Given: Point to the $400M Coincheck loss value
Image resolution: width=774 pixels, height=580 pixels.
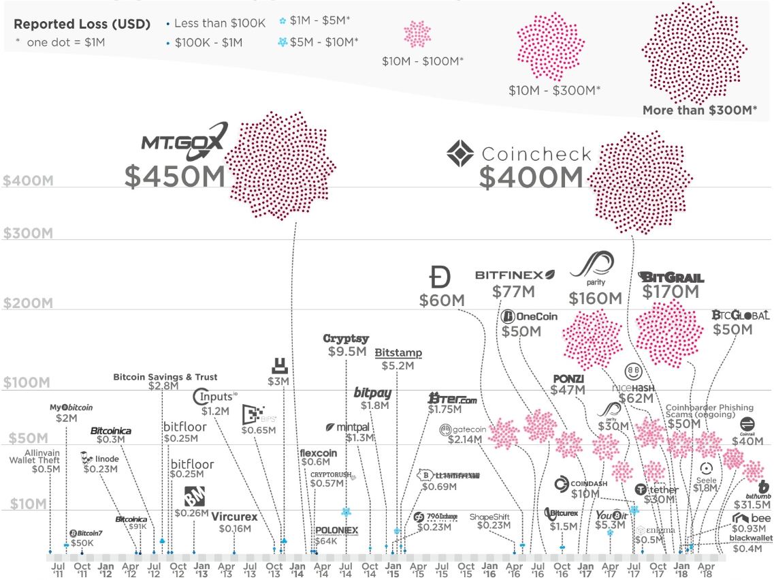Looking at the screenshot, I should tap(531, 178).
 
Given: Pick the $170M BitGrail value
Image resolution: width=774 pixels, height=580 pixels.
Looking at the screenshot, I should tap(671, 292).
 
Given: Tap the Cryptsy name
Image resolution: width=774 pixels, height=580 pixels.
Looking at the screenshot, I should tap(346, 339).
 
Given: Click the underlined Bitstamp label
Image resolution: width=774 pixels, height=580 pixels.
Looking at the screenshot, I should tap(398, 353).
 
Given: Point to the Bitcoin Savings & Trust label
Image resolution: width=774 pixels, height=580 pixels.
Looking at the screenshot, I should tap(165, 377).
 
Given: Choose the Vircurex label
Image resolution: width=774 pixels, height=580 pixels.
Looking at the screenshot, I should tap(234, 517).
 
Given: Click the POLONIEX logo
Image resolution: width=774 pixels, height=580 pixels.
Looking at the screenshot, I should tap(336, 530).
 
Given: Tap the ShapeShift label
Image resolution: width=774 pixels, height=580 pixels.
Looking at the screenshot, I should tap(490, 517).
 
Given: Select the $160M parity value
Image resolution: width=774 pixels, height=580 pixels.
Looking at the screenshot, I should tap(596, 299).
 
